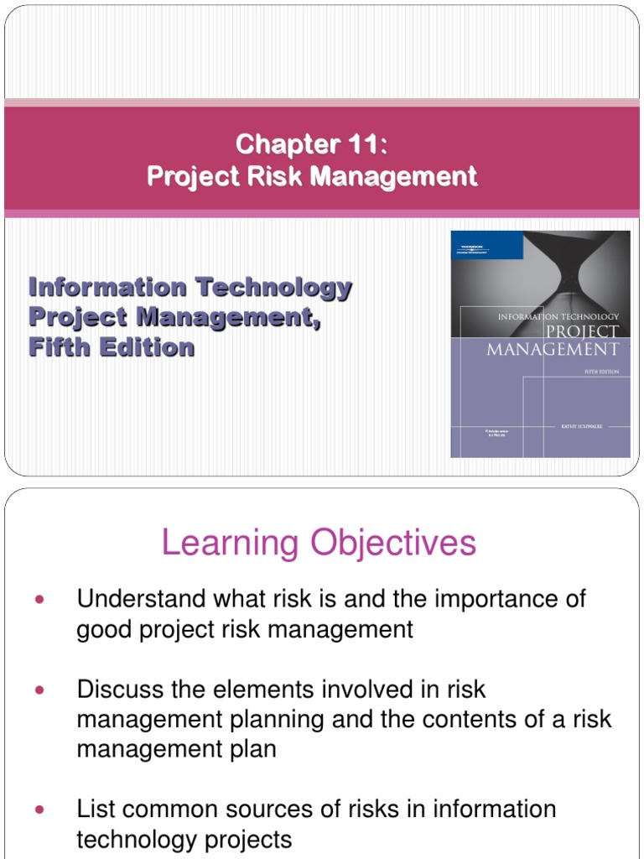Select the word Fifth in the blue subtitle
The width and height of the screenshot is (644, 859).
point(60,346)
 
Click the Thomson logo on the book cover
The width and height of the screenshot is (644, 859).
point(472,244)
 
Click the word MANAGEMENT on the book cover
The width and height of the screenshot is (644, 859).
point(553,348)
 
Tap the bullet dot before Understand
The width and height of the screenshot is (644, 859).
point(38,600)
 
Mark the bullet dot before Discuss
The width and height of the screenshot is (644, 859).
point(38,690)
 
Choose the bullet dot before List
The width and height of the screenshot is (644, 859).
point(38,810)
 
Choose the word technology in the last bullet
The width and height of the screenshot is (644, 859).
point(139,839)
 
